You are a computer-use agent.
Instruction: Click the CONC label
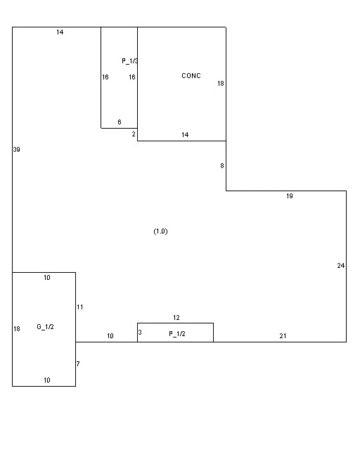[191, 76]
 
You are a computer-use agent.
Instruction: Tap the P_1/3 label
[130, 61]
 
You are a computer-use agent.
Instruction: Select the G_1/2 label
[46, 326]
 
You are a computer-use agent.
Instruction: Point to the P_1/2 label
[177, 334]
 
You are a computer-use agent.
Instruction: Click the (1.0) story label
[160, 231]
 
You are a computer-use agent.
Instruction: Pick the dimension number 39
[17, 150]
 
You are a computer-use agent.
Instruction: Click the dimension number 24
[341, 266]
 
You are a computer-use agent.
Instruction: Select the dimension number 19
[290, 196]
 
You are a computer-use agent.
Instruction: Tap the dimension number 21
[283, 336]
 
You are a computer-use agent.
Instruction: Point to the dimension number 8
[222, 166]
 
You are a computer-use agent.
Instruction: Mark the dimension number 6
[120, 122]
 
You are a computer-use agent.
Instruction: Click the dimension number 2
[134, 134]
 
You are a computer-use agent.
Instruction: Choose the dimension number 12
[176, 317]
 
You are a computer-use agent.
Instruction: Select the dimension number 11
[80, 307]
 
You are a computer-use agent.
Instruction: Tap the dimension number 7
[78, 364]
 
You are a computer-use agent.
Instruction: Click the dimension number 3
[140, 333]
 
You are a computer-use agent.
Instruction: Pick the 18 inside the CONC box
[221, 84]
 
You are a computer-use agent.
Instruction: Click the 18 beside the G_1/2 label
[17, 329]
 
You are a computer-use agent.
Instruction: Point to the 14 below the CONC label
[185, 134]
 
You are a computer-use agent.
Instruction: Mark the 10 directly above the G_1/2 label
[47, 278]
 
